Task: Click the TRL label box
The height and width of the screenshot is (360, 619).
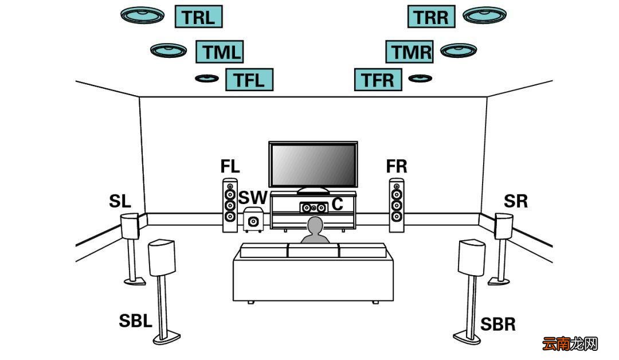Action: [x=198, y=17]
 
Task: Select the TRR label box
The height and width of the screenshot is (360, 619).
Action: [x=431, y=17]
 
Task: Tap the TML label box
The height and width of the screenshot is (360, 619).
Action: [x=220, y=52]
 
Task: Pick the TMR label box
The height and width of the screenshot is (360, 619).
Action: [x=409, y=52]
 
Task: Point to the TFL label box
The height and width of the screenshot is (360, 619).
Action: [x=249, y=80]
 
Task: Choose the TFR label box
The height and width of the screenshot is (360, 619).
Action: [x=378, y=80]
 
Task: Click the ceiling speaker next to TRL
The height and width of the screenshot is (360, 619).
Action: [x=143, y=15]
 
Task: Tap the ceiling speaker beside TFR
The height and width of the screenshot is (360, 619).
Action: [x=420, y=78]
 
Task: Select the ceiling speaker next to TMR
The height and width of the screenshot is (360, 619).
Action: [x=459, y=50]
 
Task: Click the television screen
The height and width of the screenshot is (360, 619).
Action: [x=313, y=164]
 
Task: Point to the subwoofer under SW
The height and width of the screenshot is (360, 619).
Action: [x=253, y=220]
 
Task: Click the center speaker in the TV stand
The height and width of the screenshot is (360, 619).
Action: [x=314, y=208]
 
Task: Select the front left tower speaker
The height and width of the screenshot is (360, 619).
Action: [x=230, y=205]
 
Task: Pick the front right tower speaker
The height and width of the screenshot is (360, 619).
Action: [x=397, y=205]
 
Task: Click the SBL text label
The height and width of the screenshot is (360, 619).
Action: [x=135, y=320]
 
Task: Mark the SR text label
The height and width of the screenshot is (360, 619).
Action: [x=516, y=201]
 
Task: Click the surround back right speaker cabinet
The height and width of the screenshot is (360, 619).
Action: [x=472, y=257]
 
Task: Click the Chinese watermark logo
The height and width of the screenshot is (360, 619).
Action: [x=570, y=343]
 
